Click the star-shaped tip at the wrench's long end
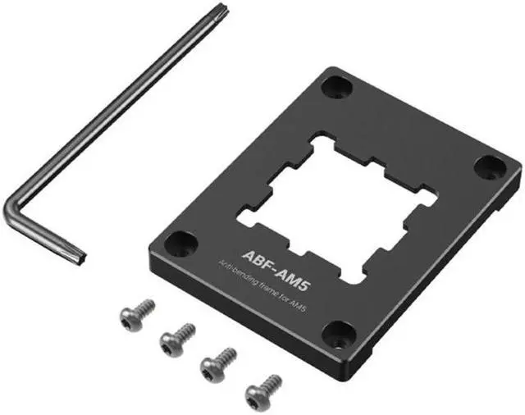tap(223, 7)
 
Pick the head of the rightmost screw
tap(256, 397)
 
